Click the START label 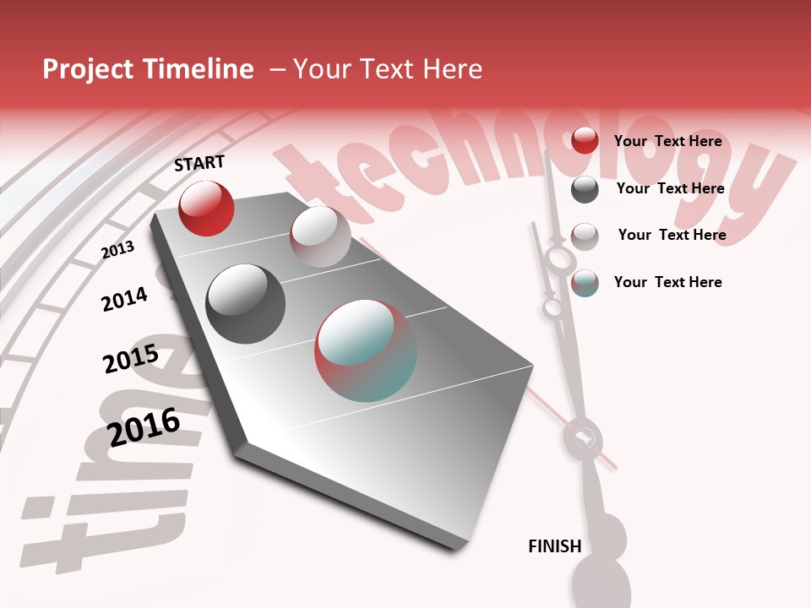(x=199, y=163)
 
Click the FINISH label (x=554, y=546)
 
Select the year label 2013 (x=117, y=250)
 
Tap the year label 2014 (x=124, y=299)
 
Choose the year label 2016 (x=144, y=427)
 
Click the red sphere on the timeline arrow (x=206, y=209)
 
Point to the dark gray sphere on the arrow (x=245, y=304)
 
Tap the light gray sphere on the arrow (x=320, y=236)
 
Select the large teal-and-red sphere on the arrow (x=366, y=350)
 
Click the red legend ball (x=585, y=141)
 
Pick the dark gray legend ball (x=585, y=189)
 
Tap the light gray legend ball (x=585, y=236)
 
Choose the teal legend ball (x=585, y=283)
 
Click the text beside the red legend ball (x=667, y=141)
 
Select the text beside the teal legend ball (x=667, y=282)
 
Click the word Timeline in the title (x=199, y=69)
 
